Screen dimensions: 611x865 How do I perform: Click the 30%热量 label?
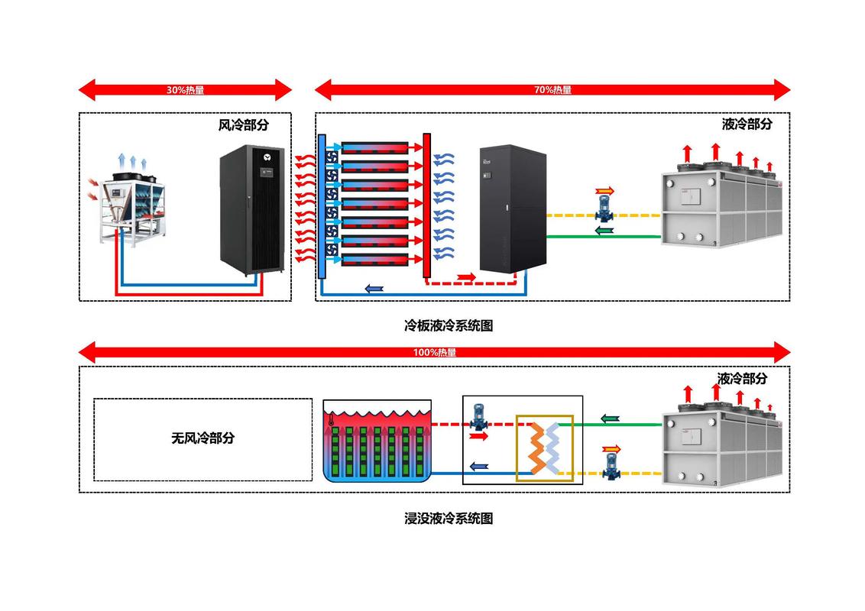[186, 90]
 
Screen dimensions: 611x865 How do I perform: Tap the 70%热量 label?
[552, 90]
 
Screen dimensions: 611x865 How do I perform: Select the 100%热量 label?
[434, 352]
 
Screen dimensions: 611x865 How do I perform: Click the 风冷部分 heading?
[244, 124]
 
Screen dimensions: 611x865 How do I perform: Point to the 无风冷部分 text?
[202, 438]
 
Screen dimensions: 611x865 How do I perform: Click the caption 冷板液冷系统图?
[449, 325]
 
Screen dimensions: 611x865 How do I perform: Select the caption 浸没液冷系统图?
[449, 518]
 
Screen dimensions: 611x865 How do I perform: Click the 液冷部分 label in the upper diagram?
[747, 124]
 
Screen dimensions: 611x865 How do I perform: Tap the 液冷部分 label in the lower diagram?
[742, 378]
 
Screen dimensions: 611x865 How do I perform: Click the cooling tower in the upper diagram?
[721, 205]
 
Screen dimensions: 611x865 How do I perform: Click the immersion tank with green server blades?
[377, 443]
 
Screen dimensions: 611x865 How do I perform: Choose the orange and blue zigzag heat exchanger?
[545, 448]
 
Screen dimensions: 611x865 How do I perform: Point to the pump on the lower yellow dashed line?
[611, 464]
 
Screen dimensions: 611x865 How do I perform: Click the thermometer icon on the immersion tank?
[331, 419]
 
